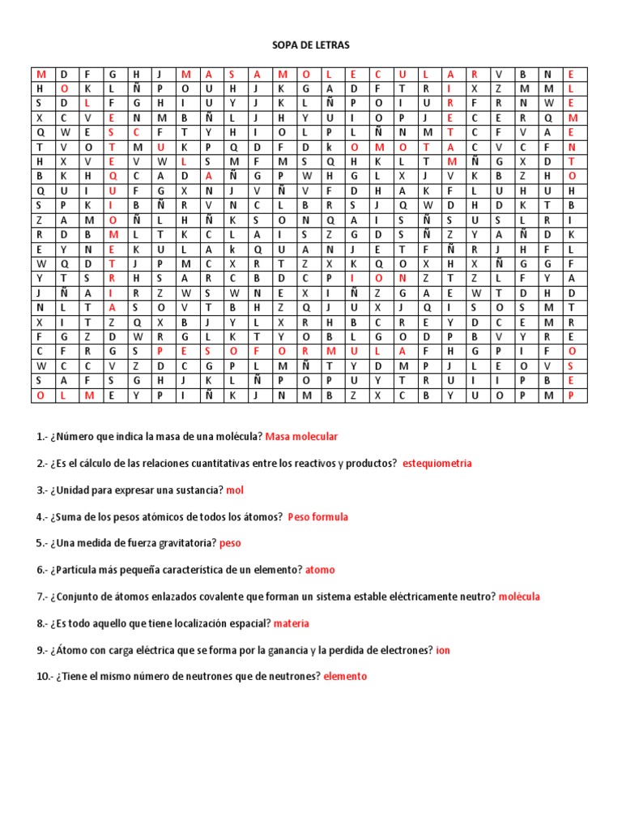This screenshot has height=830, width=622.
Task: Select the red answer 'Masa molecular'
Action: click(x=301, y=437)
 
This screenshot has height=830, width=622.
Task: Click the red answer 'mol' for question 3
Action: click(x=235, y=490)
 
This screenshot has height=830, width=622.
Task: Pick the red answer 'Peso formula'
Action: click(x=318, y=516)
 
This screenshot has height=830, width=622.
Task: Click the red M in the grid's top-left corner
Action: click(x=40, y=73)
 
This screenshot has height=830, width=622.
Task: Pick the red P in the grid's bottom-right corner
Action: click(x=571, y=395)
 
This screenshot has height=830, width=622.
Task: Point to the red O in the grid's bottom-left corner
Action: click(x=40, y=395)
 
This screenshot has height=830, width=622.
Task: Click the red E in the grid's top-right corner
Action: click(x=571, y=73)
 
